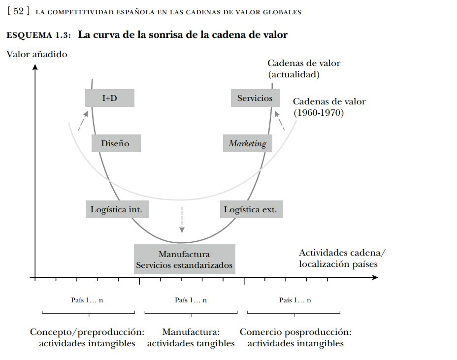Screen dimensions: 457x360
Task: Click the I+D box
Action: tap(110, 98)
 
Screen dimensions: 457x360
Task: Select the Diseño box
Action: tap(116, 143)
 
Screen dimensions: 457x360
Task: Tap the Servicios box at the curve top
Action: tap(255, 98)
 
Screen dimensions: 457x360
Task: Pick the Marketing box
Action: tap(247, 143)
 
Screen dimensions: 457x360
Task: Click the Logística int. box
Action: tap(117, 209)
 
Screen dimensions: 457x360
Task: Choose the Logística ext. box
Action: tap(252, 209)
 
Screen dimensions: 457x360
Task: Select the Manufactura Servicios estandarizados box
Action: tap(185, 259)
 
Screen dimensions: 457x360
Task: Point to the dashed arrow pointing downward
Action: tap(182, 220)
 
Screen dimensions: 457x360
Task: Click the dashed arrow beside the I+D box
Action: tap(83, 120)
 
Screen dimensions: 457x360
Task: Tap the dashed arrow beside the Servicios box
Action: tap(280, 120)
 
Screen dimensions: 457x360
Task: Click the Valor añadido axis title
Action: tap(37, 54)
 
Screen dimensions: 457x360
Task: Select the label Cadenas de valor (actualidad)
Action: tap(304, 69)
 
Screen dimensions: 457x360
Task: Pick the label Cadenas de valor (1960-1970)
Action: tap(329, 107)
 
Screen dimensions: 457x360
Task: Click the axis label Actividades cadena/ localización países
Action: tap(342, 258)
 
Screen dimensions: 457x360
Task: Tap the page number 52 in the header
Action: tap(18, 11)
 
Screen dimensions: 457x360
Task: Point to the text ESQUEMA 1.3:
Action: tap(38, 35)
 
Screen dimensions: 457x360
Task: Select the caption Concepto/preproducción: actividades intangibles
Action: tap(87, 337)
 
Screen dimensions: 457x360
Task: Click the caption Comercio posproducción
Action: tap(295, 332)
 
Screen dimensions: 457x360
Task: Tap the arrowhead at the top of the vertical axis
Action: tap(35, 67)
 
